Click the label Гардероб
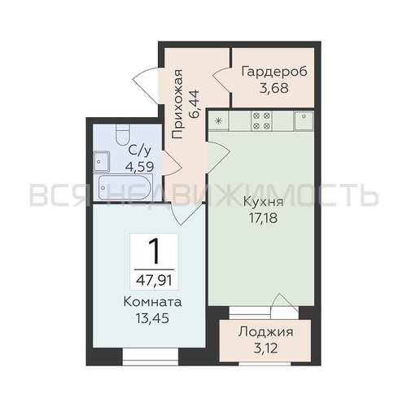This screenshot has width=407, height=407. (274, 72)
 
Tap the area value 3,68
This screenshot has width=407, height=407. (274, 88)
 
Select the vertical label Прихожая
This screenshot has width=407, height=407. (177, 104)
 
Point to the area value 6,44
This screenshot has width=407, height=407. (195, 103)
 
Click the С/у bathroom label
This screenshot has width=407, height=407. (139, 151)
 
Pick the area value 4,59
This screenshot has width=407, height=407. (139, 166)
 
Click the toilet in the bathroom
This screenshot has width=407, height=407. (123, 134)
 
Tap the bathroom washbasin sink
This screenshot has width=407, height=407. (101, 162)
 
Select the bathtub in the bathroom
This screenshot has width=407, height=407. (125, 187)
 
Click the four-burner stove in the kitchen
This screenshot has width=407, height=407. (261, 120)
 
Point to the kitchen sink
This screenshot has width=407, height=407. (304, 120)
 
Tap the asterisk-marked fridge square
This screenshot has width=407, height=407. (218, 121)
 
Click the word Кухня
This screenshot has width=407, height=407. (263, 202)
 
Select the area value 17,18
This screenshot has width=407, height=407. (263, 218)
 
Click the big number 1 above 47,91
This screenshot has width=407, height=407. (154, 251)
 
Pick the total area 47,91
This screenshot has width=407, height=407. (154, 280)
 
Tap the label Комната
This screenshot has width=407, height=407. (152, 302)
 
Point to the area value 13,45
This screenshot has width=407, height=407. (152, 318)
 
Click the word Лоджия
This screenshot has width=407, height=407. (265, 332)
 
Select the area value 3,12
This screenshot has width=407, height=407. (266, 348)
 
